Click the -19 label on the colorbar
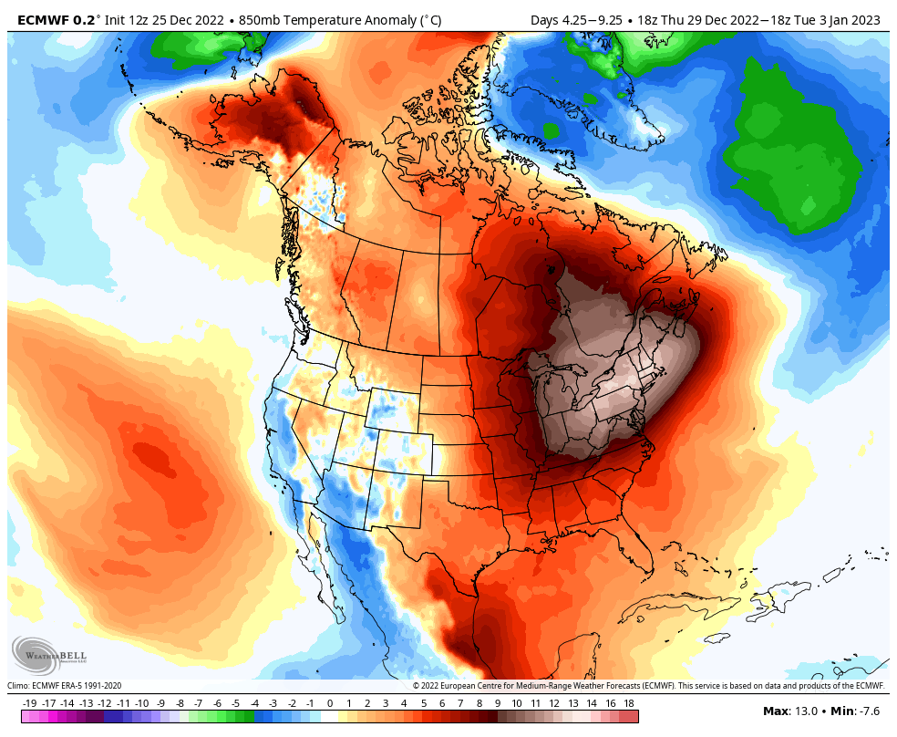coord(30,703)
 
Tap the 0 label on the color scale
coord(329,703)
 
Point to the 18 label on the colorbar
coord(629,703)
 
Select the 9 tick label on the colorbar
coord(498,703)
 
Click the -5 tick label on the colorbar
coord(235,703)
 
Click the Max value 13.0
coord(801,711)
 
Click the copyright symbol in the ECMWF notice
coord(416,686)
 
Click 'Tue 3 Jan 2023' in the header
coord(841,19)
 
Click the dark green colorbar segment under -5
coord(236,717)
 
